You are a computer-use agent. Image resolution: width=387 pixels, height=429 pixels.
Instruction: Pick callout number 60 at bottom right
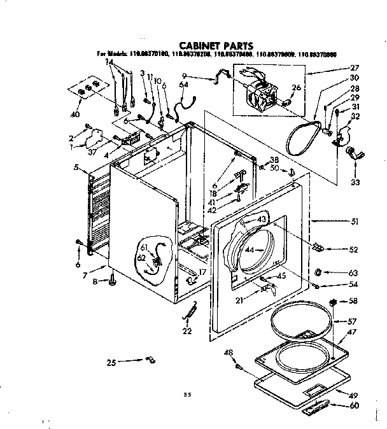pos(355,406)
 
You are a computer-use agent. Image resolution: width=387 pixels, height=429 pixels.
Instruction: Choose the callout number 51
pos(355,222)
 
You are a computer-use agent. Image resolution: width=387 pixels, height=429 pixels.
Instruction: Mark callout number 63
pos(355,272)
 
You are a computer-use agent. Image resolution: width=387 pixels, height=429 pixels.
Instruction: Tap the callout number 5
pos(76,168)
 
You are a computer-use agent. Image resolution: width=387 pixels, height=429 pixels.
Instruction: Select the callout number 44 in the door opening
pos(250,250)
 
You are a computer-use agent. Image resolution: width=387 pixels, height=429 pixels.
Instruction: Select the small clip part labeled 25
pos(151,362)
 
